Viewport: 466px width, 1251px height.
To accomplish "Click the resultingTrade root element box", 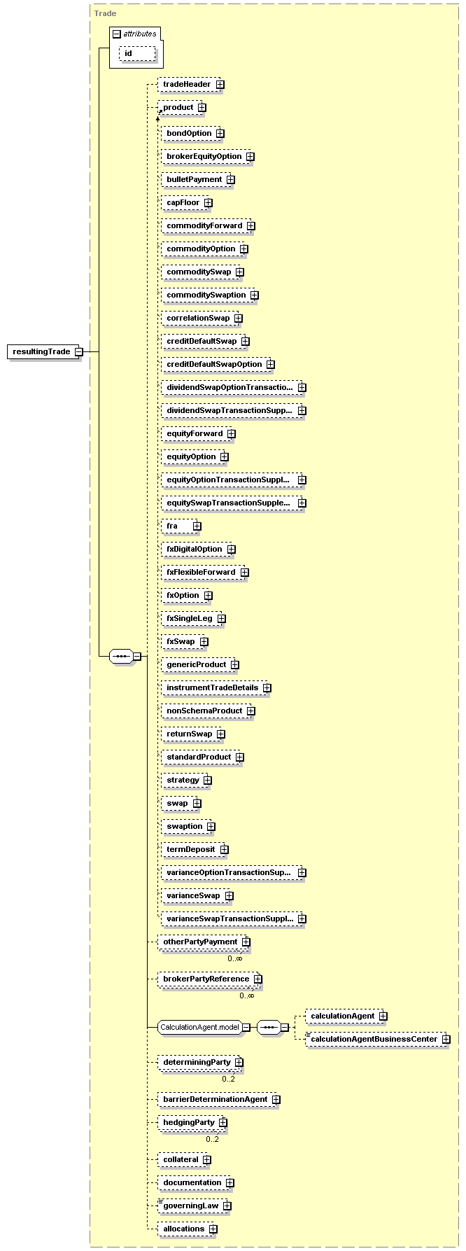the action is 45,351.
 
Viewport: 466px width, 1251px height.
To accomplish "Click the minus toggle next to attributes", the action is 116,34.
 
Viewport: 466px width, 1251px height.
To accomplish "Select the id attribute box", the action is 137,53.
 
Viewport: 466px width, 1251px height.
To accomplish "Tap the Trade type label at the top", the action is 105,13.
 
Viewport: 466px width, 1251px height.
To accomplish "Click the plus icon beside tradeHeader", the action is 220,85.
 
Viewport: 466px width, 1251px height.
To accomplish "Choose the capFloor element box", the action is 186,202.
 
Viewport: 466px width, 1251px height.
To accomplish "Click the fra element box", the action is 181,526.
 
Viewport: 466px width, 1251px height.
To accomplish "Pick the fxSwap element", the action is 184,641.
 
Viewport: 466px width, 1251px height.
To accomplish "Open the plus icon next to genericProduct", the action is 234,665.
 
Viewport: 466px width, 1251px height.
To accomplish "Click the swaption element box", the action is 188,826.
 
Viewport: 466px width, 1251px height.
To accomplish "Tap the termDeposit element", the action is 195,849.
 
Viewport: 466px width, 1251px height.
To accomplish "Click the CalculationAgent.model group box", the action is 204,1028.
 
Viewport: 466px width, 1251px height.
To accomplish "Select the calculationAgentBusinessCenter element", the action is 377,1039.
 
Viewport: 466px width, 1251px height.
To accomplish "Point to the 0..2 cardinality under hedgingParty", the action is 213,1139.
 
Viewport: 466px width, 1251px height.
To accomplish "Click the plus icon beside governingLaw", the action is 227,1206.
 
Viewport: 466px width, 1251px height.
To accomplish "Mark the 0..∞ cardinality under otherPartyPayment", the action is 235,958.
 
